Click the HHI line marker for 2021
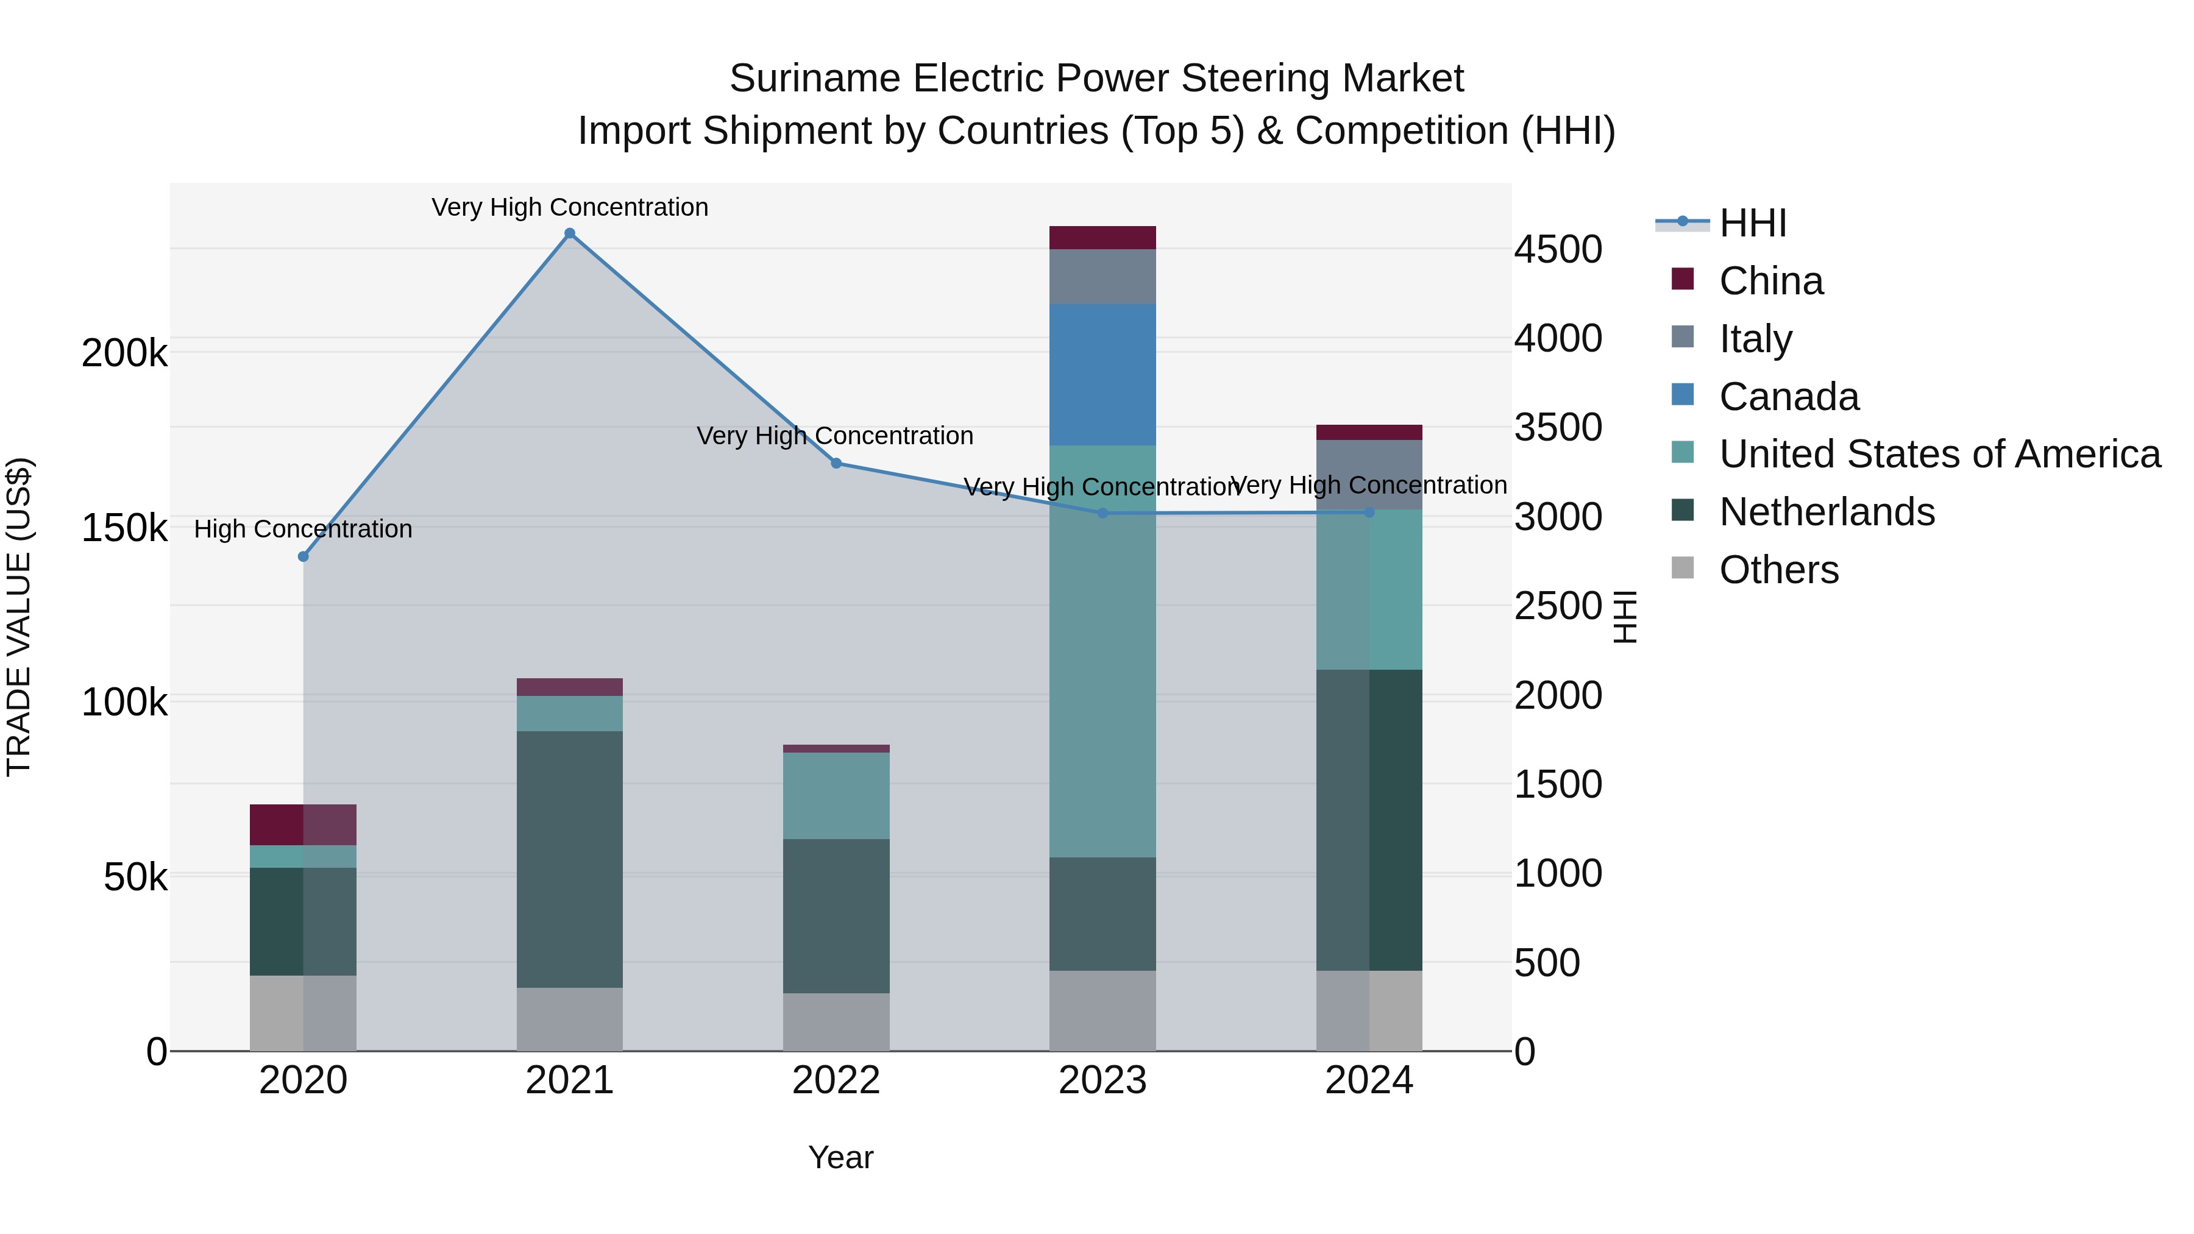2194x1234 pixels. (x=570, y=233)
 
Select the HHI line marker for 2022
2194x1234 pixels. (x=836, y=463)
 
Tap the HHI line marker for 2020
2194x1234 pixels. (x=304, y=556)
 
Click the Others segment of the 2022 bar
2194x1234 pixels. (x=836, y=1021)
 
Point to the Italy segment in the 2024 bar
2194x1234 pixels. (x=1369, y=474)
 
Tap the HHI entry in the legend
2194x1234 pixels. (x=1752, y=223)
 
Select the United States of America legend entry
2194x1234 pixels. (x=1939, y=455)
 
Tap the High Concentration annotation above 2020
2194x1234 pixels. (x=304, y=529)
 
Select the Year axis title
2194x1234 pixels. (x=840, y=1157)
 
